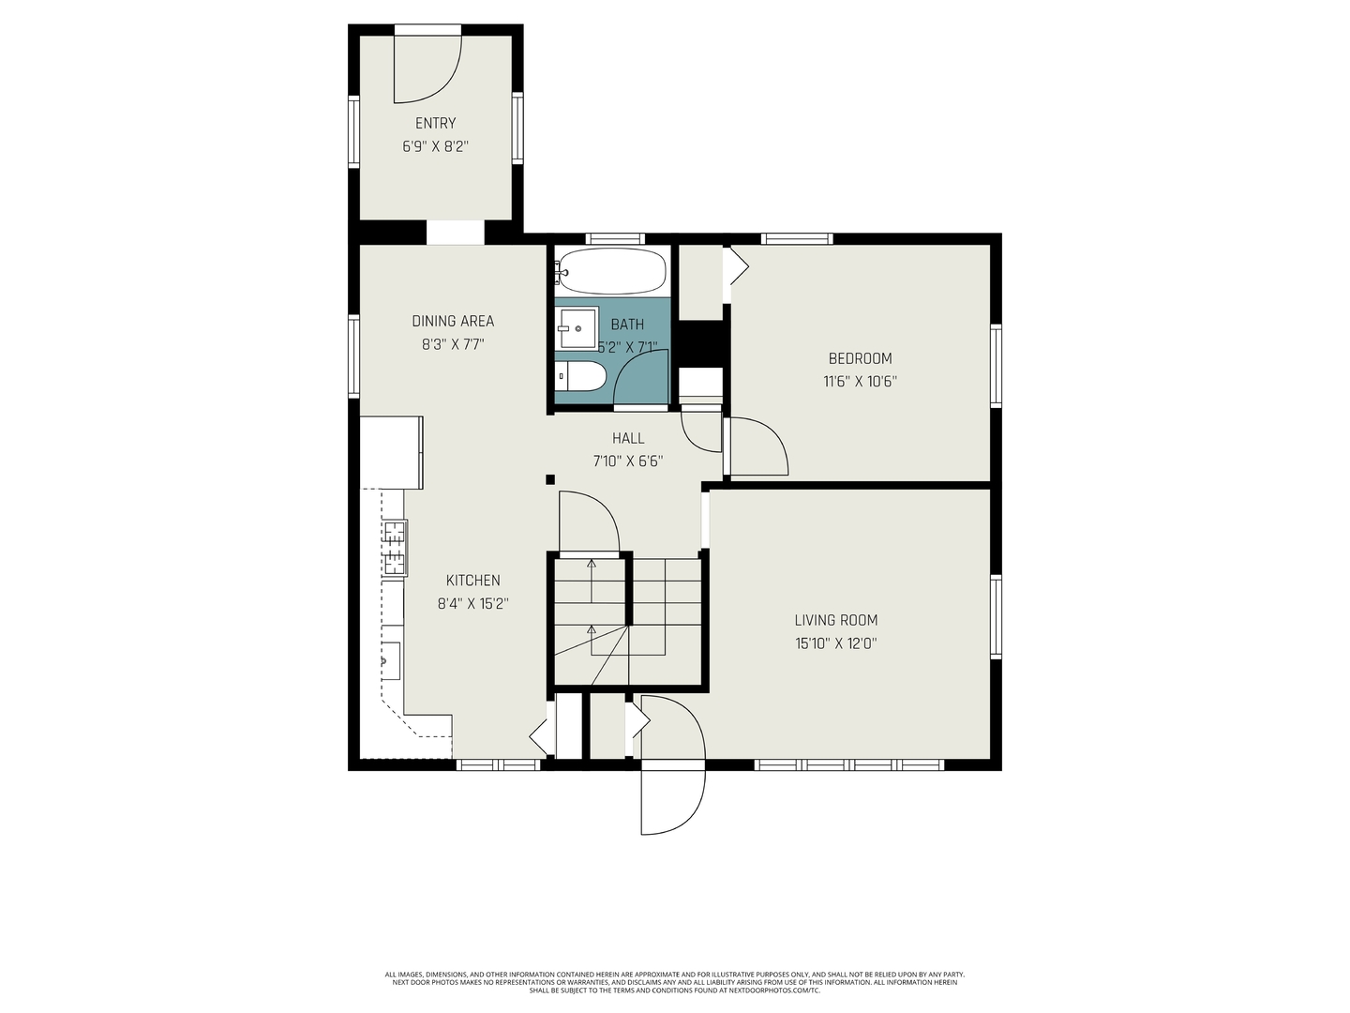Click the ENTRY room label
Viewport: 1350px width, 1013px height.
[435, 123]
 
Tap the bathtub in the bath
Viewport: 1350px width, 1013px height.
[611, 271]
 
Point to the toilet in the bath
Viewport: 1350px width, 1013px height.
[581, 378]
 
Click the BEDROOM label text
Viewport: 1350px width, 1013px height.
[860, 358]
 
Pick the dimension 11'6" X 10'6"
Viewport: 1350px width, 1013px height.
[860, 382]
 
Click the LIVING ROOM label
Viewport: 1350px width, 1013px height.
[835, 620]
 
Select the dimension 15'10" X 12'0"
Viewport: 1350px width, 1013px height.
[835, 643]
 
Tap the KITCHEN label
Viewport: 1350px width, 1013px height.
[472, 581]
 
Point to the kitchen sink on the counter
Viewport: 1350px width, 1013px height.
[389, 660]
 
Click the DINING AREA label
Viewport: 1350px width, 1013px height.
[453, 321]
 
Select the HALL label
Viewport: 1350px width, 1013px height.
[628, 438]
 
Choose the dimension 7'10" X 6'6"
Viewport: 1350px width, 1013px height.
[628, 461]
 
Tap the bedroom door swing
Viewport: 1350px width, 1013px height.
[757, 448]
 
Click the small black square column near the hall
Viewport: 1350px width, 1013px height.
[550, 480]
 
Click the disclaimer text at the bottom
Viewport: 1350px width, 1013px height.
[674, 982]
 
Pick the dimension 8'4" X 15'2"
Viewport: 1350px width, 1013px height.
[472, 604]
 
